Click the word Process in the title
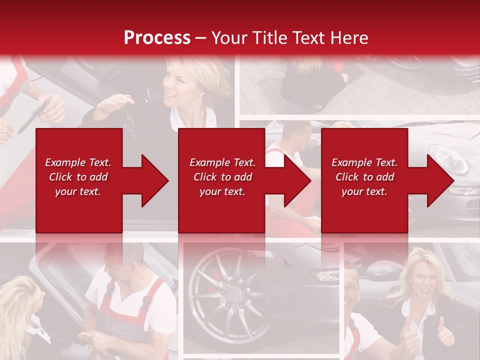click(157, 38)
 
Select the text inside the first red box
click(78, 177)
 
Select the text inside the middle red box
click(222, 177)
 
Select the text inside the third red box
click(364, 177)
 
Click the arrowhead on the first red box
click(152, 180)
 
